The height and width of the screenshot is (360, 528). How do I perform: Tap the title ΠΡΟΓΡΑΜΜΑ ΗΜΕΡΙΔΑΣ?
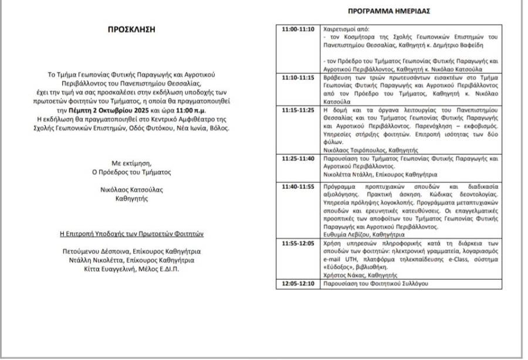point(389,11)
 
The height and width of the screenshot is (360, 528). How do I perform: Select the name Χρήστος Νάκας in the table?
point(347,274)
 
